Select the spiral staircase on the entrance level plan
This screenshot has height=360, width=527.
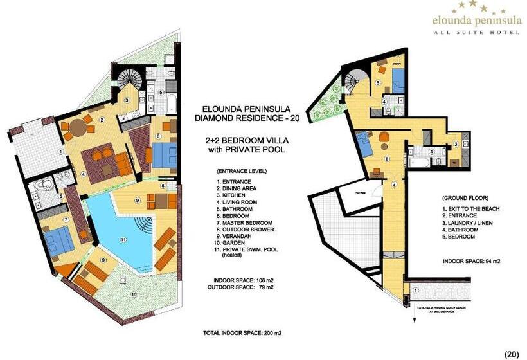131,82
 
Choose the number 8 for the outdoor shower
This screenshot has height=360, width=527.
163,186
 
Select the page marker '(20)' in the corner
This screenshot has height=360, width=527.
512,352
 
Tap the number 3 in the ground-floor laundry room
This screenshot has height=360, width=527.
455,144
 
